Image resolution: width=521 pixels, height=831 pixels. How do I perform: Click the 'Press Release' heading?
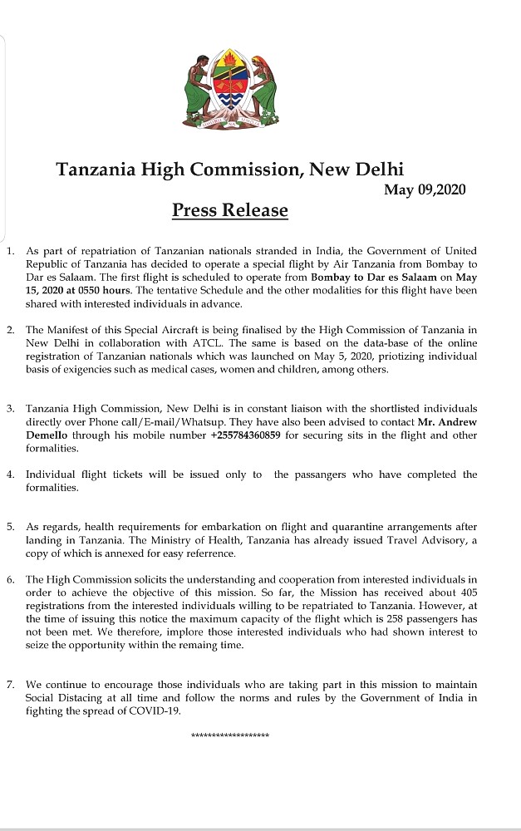pyautogui.click(x=229, y=210)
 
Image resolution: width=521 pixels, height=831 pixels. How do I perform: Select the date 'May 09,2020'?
pyautogui.click(x=425, y=189)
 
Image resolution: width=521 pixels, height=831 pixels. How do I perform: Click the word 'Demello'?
pyautogui.click(x=46, y=435)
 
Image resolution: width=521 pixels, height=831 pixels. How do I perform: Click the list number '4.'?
pyautogui.click(x=10, y=475)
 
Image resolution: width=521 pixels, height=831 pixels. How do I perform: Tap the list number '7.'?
pyautogui.click(x=10, y=685)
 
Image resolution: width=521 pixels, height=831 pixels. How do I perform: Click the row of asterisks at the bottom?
pyautogui.click(x=230, y=736)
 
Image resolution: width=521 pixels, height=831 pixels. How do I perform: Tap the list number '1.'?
pyautogui.click(x=10, y=251)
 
